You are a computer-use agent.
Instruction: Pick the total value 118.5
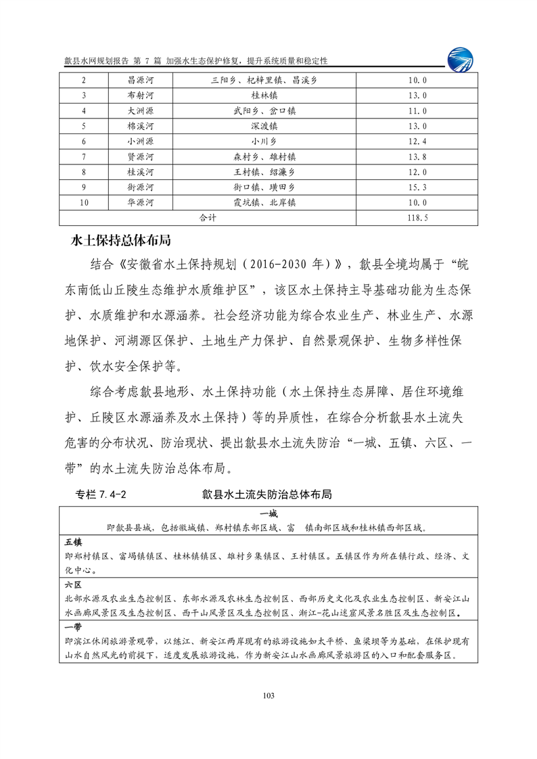pos(419,218)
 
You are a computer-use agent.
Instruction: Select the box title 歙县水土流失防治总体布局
pos(266,495)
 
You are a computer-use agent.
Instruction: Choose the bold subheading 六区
pos(73,584)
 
